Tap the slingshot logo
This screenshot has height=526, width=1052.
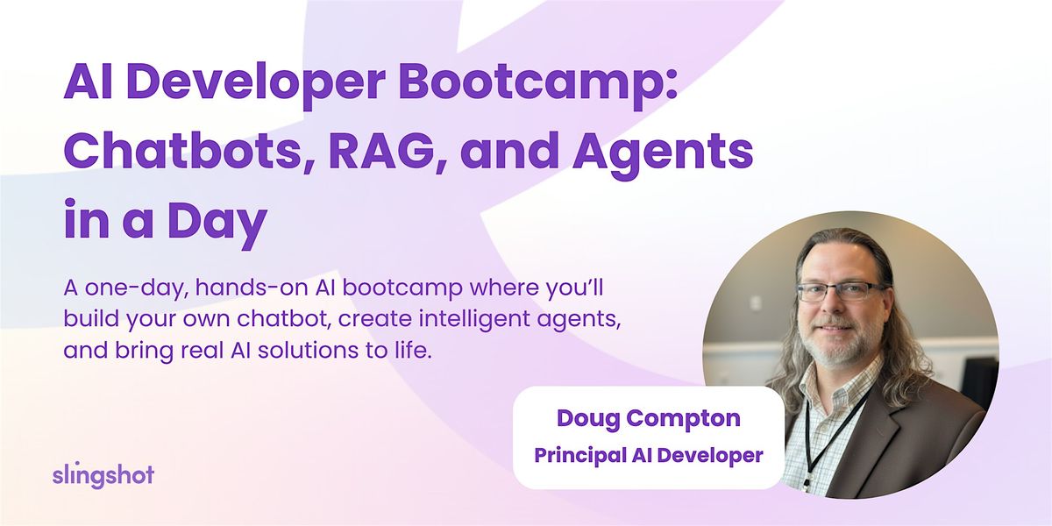click(103, 475)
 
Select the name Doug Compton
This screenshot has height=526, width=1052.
click(648, 418)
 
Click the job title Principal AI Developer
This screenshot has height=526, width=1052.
click(648, 455)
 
